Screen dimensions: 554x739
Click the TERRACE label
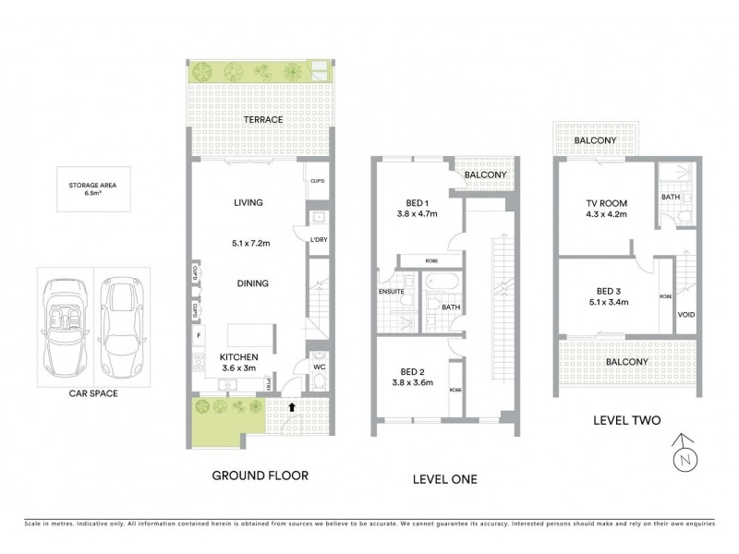click(262, 120)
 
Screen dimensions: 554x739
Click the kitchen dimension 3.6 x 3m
click(238, 368)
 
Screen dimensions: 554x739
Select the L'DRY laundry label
click(319, 240)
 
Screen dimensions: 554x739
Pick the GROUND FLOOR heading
click(260, 476)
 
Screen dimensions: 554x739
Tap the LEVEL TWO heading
click(626, 421)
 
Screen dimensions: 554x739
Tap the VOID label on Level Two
click(686, 315)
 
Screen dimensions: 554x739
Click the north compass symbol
click(684, 454)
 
